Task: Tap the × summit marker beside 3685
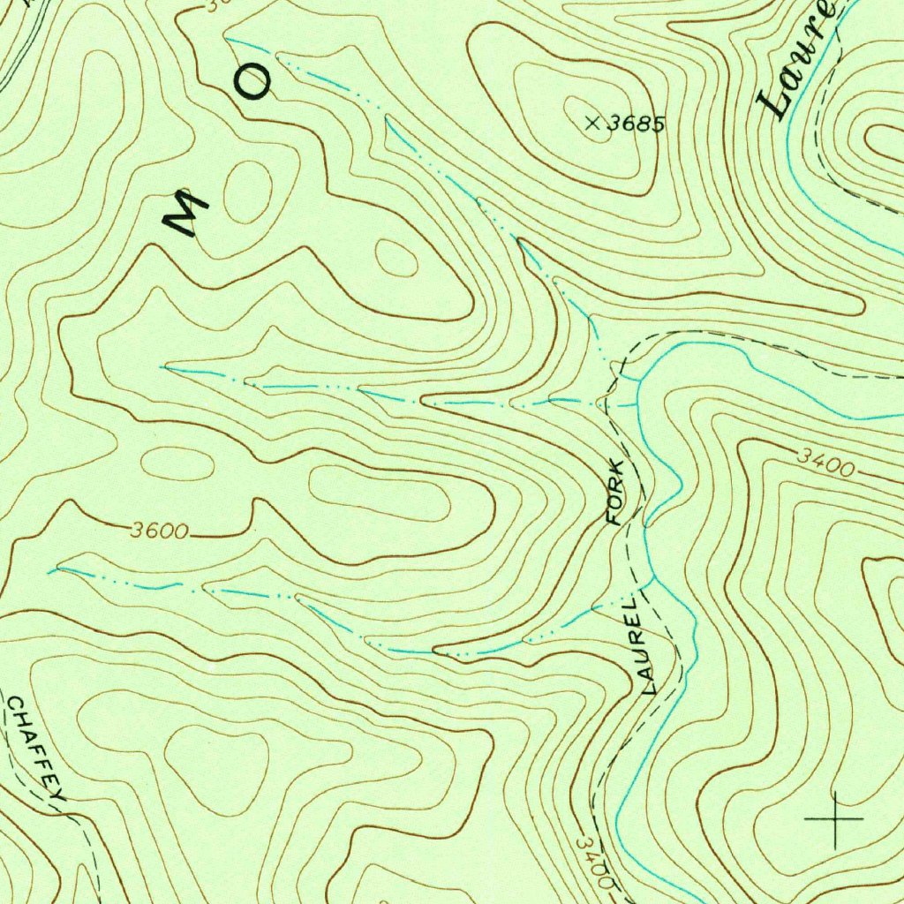point(592,124)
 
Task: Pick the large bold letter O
point(254,83)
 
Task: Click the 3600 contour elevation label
point(159,531)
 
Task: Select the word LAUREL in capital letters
point(642,644)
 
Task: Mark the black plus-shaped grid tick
point(833,820)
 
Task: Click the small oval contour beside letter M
point(247,192)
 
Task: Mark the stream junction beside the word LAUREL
point(651,583)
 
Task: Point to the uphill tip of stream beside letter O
point(228,39)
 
